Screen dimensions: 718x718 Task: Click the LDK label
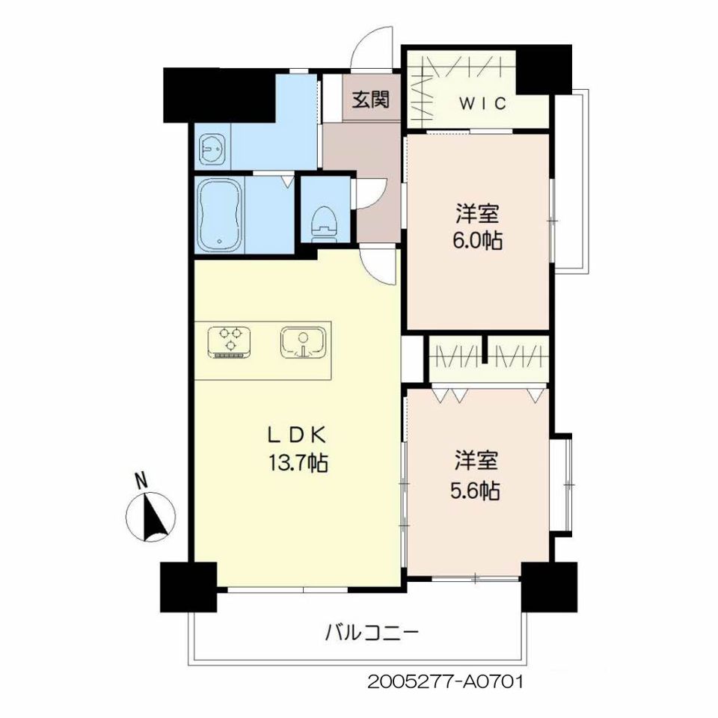[x=297, y=435]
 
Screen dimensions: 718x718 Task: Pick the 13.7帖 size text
[x=297, y=463]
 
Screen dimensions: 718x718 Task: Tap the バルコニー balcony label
[x=372, y=634]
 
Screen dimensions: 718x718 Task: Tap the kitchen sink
[x=303, y=343]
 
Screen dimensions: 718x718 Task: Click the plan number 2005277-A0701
[x=444, y=682]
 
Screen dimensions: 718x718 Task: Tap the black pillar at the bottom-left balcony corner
[x=188, y=586]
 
